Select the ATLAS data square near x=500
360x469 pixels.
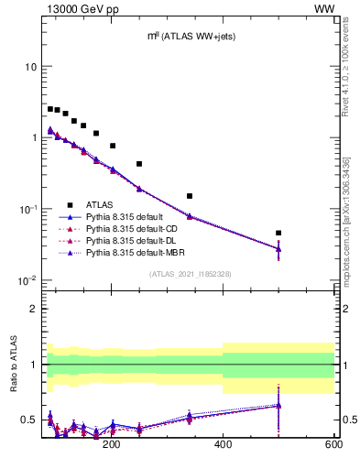pos(278,233)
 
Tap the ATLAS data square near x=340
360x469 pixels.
pos(190,196)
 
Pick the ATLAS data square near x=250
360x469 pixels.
pos(139,164)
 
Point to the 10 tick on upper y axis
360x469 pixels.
pos(30,67)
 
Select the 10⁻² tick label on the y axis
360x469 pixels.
pos(27,280)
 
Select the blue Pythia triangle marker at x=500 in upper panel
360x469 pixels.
pos(278,248)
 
